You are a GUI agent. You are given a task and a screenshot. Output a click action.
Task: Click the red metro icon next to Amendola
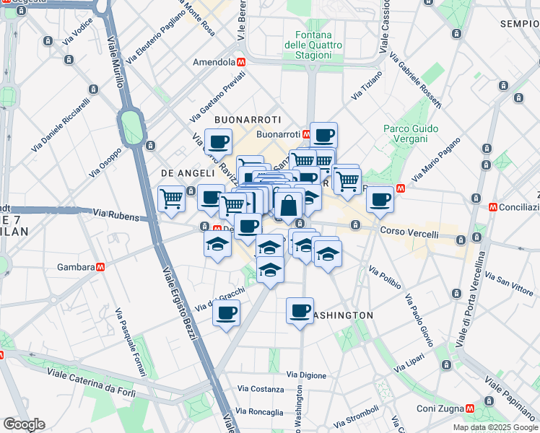(242, 62)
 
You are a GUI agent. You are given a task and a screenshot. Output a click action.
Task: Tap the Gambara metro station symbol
(100, 266)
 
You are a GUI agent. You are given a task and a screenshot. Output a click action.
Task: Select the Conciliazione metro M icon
(493, 206)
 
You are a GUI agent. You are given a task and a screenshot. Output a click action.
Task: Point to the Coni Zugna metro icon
(471, 408)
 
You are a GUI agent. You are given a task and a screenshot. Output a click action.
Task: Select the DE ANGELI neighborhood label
(188, 173)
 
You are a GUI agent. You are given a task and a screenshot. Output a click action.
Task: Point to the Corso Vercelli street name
(409, 234)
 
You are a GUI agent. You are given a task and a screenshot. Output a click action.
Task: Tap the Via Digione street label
(306, 375)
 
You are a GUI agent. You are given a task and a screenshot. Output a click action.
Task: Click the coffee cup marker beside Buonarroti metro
(323, 135)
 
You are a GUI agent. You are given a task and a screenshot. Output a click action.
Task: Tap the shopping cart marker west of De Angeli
(172, 198)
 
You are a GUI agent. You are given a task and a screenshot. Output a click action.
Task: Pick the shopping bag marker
(288, 206)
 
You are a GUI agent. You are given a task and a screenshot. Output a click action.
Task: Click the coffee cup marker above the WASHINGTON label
(300, 311)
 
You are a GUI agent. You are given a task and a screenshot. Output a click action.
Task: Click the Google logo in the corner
(24, 424)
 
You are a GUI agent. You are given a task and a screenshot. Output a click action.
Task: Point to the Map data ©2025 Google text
(495, 427)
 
